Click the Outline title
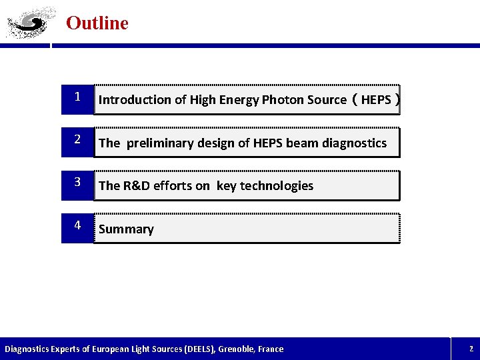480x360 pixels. [x=97, y=23]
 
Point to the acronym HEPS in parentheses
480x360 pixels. [x=376, y=100]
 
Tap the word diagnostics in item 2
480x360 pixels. [x=354, y=143]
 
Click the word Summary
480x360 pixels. [x=126, y=229]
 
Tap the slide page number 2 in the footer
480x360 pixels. [x=471, y=349]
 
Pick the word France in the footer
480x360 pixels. [x=271, y=349]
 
